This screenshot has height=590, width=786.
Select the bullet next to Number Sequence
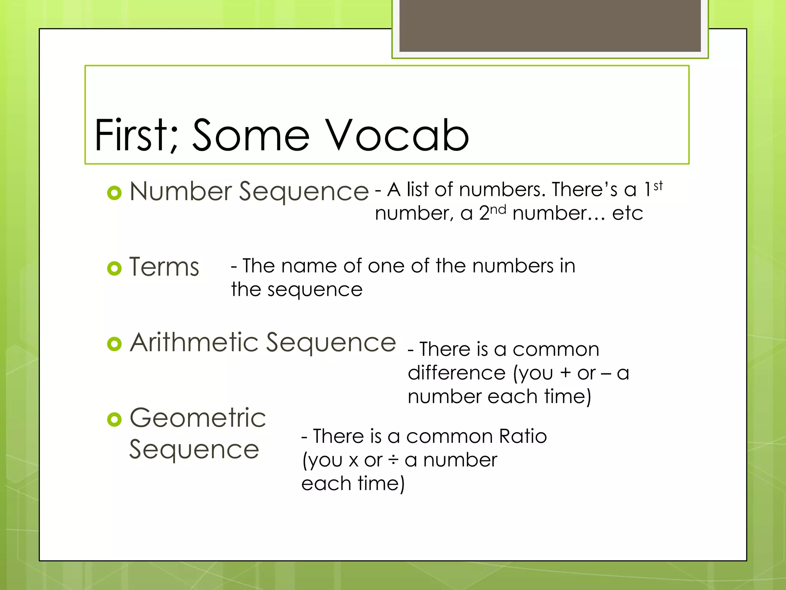point(114,192)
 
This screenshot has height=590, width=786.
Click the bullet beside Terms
point(114,268)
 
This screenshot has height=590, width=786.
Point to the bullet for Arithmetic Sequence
point(114,344)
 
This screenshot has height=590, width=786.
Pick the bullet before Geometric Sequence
point(114,419)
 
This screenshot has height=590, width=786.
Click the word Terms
point(164,267)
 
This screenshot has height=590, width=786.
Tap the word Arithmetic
point(194,342)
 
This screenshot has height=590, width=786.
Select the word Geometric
point(198,418)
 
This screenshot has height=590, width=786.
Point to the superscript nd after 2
point(498,210)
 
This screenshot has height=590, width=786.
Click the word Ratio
point(523,436)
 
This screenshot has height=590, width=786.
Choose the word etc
point(627,214)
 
